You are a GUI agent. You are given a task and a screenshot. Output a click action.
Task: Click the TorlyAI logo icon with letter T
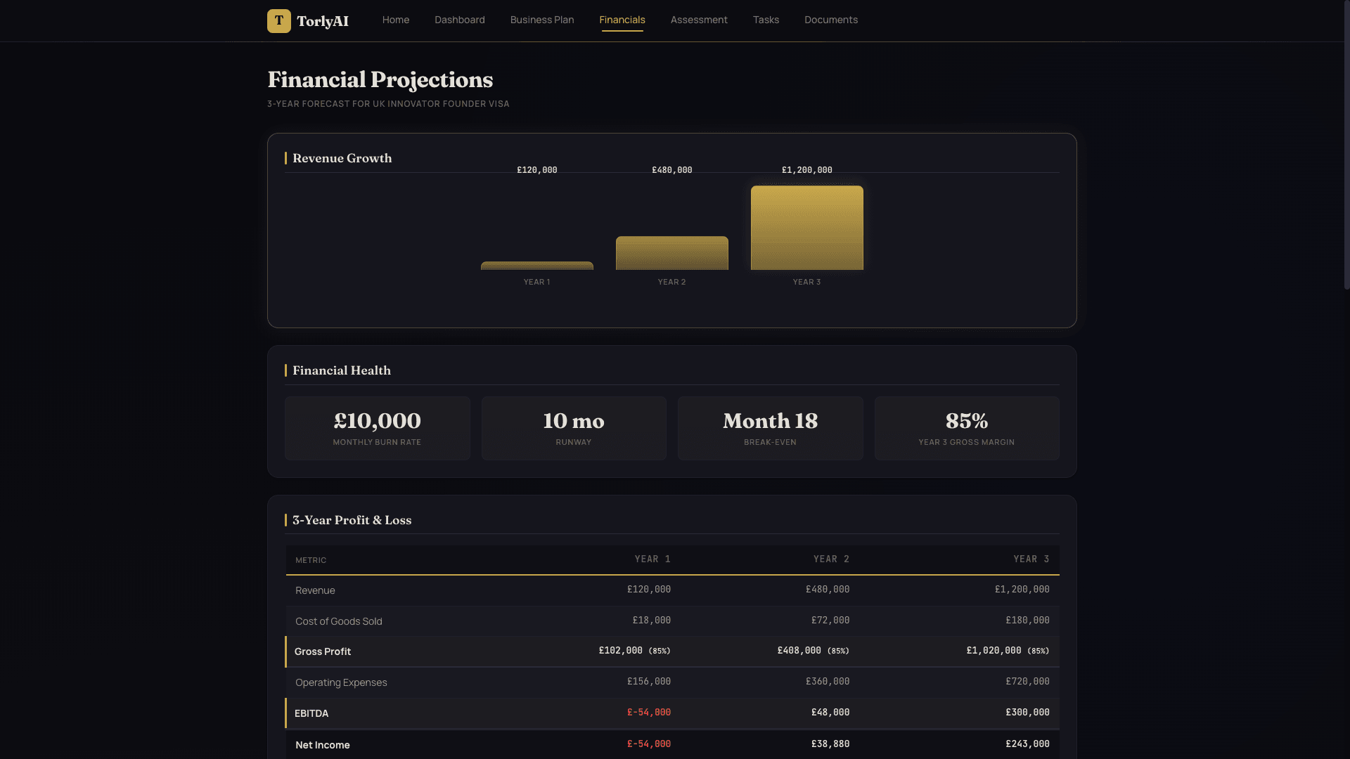(278, 21)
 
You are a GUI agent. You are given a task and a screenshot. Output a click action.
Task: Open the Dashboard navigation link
(459, 20)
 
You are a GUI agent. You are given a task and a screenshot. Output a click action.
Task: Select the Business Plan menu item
(541, 20)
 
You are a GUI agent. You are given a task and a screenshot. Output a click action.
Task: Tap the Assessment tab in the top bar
(698, 20)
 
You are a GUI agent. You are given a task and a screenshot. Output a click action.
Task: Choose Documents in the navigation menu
(830, 20)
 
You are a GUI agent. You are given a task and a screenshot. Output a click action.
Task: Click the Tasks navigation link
(766, 20)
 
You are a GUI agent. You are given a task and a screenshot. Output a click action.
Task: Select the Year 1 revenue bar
(536, 266)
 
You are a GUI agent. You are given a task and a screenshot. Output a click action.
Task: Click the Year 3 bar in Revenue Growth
(806, 228)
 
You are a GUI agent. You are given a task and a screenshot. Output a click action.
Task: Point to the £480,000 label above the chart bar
(671, 170)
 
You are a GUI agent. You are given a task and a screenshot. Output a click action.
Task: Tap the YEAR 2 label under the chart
(671, 282)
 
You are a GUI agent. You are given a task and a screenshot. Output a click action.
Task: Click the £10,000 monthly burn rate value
(377, 421)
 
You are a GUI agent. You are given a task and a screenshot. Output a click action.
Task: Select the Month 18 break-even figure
(770, 421)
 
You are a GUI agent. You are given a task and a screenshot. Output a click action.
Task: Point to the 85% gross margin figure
(966, 421)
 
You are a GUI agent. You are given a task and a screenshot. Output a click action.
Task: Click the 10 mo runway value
(573, 421)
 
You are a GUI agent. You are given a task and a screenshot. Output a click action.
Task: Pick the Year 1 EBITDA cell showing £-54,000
(648, 713)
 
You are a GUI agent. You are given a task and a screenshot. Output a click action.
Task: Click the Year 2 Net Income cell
(830, 744)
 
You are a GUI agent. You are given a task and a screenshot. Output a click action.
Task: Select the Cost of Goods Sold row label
(338, 621)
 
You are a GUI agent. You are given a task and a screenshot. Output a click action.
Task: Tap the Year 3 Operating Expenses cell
(1027, 682)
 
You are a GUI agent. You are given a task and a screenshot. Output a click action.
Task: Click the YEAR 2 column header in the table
(830, 559)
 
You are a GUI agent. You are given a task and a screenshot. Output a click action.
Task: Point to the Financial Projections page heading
(380, 79)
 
